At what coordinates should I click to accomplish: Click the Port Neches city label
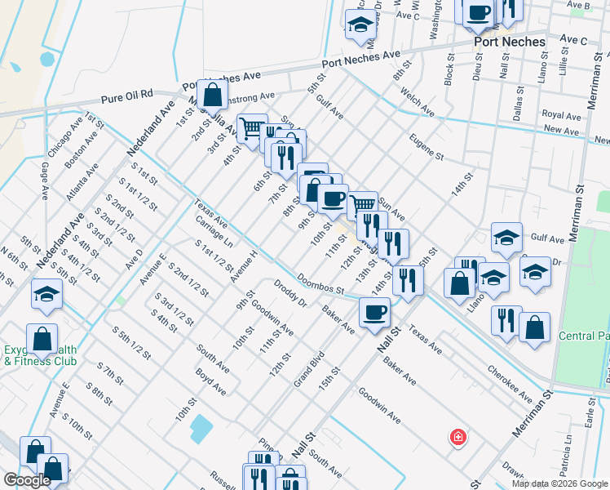[509, 42]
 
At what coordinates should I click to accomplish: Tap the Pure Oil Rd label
[127, 95]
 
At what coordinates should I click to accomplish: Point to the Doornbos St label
[320, 285]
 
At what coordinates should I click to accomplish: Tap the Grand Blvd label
[309, 367]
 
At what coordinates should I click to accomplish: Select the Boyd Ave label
[210, 381]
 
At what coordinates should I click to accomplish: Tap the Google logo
[27, 480]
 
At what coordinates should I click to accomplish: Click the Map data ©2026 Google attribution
[559, 483]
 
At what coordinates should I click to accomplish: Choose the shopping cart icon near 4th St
[252, 127]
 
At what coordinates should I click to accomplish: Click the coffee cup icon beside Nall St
[374, 311]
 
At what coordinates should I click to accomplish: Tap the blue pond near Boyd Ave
[199, 426]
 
